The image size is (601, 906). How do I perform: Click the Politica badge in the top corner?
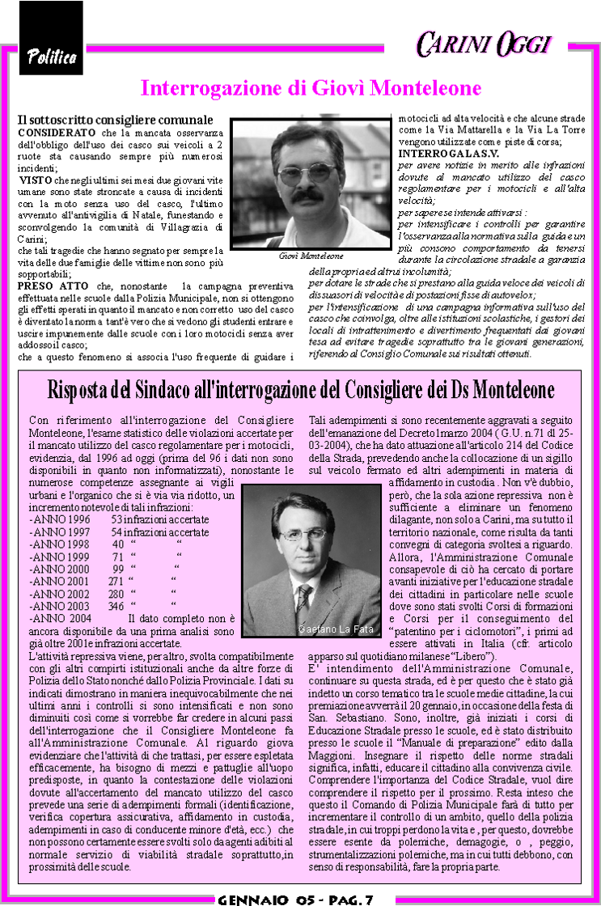(51, 56)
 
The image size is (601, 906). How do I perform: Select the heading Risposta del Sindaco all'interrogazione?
(300, 389)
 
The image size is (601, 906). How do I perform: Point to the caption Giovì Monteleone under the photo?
(311, 256)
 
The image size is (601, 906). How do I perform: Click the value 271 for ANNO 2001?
(116, 580)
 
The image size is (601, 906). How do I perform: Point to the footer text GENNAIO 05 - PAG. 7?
(300, 899)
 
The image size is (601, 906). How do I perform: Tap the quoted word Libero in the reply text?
(472, 655)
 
